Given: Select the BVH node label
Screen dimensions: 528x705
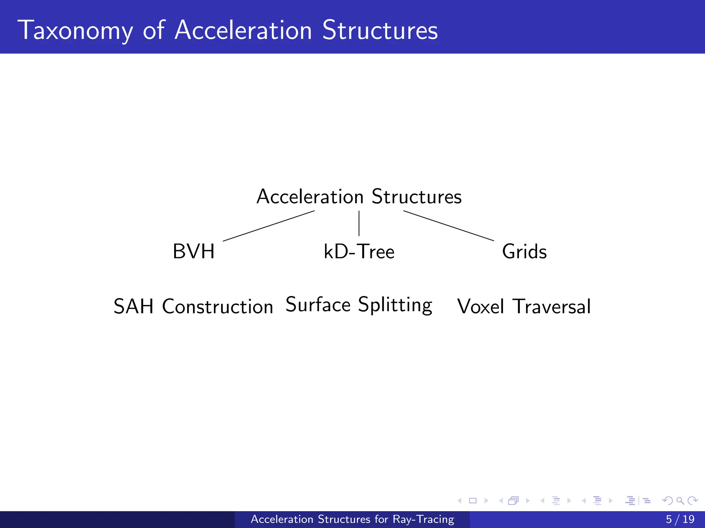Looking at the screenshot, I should point(193,251).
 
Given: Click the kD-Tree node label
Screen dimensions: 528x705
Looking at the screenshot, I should point(359,251).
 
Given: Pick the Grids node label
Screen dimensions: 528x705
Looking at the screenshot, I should point(524,251).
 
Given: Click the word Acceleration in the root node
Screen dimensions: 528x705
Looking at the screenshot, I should point(310,197).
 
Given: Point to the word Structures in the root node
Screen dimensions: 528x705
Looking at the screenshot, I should point(417,197).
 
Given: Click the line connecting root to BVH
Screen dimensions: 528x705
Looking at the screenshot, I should point(269,226).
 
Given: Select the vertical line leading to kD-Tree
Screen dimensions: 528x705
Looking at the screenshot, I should point(359,223).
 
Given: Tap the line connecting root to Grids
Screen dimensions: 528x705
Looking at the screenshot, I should point(449,225).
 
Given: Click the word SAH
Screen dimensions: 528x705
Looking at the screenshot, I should point(133,306).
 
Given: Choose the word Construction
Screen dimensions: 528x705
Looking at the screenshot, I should point(218,306).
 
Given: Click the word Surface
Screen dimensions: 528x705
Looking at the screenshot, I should point(318,305).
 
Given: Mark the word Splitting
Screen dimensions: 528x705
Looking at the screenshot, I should point(395,305).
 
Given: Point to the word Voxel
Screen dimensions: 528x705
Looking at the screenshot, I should point(481,306).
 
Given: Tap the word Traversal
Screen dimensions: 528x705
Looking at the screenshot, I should point(551,306).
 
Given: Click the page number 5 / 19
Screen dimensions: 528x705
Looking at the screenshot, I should point(680,519).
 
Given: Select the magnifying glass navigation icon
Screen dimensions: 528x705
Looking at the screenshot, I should point(680,500).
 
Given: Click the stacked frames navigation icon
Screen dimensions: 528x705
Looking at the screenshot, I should point(513,500).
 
